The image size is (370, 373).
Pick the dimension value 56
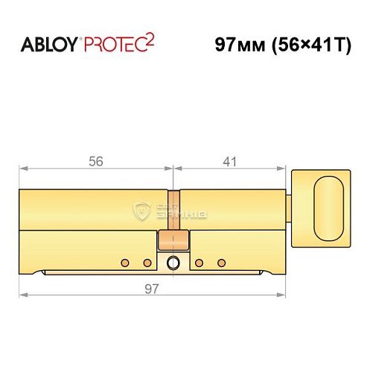pyautogui.click(x=95, y=160)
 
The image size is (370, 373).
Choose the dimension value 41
pyautogui.click(x=231, y=160)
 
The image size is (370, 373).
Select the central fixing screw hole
pyautogui.click(x=173, y=263)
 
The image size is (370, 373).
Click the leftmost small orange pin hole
pyautogui.click(x=125, y=263)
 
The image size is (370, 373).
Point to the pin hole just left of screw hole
pyautogui.click(x=147, y=263)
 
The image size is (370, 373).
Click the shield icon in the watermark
pyautogui.click(x=141, y=210)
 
